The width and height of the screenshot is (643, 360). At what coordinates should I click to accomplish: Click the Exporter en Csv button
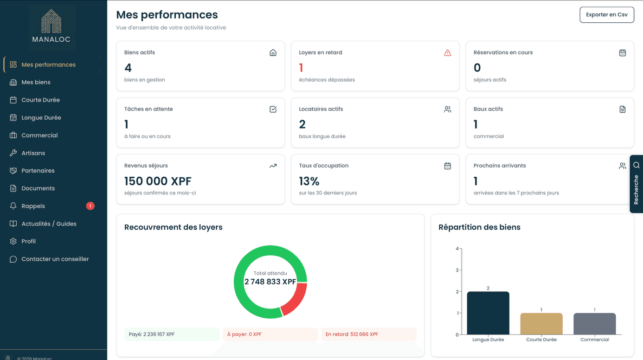click(606, 15)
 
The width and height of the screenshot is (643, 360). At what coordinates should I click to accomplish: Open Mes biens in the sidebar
click(36, 82)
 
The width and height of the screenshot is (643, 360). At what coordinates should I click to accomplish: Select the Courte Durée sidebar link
click(40, 100)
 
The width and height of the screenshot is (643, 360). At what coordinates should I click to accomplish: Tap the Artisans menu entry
click(33, 153)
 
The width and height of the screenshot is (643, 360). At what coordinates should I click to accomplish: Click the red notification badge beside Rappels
click(90, 206)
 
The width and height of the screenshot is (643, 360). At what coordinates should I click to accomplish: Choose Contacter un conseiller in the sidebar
click(55, 259)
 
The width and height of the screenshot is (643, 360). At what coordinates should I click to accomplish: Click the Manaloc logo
click(51, 27)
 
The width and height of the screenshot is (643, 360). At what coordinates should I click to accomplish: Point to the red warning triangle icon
click(447, 53)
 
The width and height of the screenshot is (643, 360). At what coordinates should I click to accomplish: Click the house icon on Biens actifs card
click(273, 52)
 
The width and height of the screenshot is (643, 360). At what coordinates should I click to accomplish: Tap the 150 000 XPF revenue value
click(158, 181)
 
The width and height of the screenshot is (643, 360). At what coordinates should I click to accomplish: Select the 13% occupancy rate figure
click(309, 181)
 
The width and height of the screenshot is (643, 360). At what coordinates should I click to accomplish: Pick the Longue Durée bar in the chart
click(488, 313)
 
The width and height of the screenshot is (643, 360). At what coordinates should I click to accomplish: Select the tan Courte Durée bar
click(541, 324)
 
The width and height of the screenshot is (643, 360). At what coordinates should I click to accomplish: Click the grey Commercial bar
click(594, 324)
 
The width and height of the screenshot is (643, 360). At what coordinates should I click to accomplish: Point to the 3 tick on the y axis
click(457, 270)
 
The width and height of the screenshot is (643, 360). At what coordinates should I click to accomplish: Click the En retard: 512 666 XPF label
click(352, 334)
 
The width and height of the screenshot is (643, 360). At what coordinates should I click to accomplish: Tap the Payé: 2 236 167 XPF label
click(152, 334)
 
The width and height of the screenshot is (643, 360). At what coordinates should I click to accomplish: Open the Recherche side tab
click(636, 184)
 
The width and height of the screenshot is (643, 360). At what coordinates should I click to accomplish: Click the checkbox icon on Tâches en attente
click(273, 109)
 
